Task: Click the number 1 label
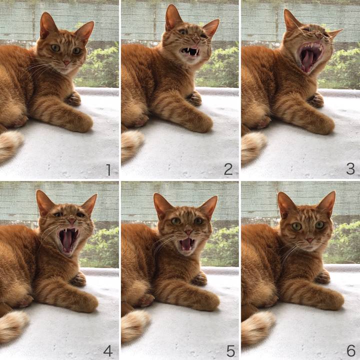click(108, 170)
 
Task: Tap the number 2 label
click(228, 169)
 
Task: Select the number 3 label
click(350, 169)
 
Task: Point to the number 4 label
click(108, 350)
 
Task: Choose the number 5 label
click(230, 351)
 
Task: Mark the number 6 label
click(351, 350)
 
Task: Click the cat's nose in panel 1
click(67, 62)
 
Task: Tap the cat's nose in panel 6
click(309, 240)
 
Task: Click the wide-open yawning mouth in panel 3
click(310, 57)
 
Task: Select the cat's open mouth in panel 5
click(186, 244)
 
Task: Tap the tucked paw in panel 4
click(78, 279)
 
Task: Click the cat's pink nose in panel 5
click(189, 232)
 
